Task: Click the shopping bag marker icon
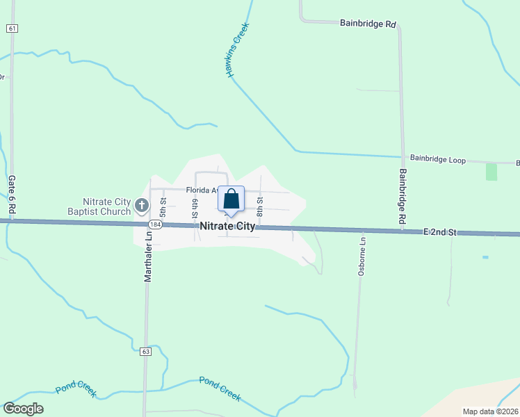231,199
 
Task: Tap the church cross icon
142,205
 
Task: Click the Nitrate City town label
227,227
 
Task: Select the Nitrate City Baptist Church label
106,206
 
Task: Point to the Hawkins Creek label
238,49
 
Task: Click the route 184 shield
154,224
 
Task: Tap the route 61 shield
12,28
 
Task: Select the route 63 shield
145,351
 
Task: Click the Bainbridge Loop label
437,160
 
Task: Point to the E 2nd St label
440,233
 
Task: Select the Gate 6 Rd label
12,195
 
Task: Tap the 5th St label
164,206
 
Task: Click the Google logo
23,409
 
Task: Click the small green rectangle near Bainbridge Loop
491,172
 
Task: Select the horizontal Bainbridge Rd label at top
368,23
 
